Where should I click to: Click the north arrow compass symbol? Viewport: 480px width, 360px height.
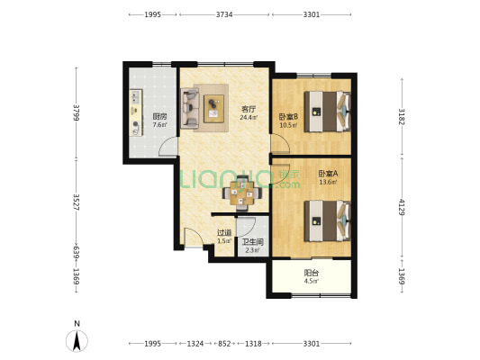click(77, 341)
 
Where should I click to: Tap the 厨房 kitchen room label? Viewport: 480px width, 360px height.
click(159, 116)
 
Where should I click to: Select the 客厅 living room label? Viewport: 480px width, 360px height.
click(249, 109)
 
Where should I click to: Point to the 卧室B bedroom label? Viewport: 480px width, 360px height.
click(288, 116)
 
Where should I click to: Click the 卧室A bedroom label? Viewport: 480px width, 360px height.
click(328, 174)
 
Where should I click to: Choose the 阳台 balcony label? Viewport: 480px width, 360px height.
click(312, 272)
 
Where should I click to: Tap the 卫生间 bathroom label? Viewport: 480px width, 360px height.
click(252, 242)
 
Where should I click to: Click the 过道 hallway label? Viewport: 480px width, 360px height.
click(224, 233)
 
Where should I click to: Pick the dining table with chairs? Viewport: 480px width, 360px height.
click(242, 193)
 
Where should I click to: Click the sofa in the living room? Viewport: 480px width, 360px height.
click(190, 108)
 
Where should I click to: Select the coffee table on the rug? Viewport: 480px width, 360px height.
click(213, 109)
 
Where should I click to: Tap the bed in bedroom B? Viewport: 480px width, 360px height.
click(327, 112)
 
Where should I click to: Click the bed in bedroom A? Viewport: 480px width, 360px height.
click(327, 220)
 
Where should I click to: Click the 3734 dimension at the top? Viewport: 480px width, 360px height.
click(224, 14)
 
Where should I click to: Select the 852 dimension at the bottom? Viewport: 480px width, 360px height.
click(224, 344)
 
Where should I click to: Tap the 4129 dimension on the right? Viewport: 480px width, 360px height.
click(402, 207)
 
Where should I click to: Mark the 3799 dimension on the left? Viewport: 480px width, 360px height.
click(77, 112)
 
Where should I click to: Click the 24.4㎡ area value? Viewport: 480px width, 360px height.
click(249, 118)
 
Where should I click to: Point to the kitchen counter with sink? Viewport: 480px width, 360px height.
click(136, 112)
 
